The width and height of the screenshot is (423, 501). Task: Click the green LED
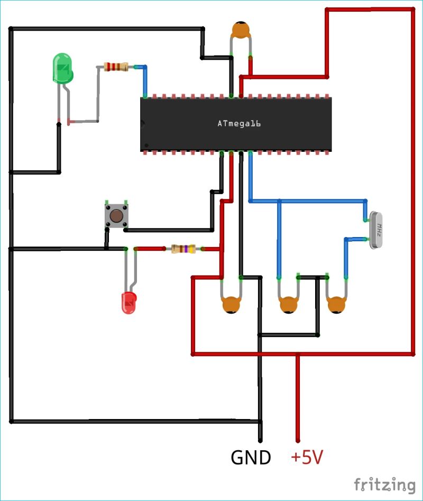[62, 68]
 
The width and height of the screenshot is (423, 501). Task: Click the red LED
[129, 303]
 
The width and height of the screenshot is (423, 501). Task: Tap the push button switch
[116, 215]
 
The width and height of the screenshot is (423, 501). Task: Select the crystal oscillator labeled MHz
[379, 230]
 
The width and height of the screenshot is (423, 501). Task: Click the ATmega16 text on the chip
[239, 124]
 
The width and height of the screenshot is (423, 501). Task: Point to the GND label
[251, 458]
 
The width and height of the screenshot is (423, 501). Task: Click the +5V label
[307, 458]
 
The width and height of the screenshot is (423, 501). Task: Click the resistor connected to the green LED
[116, 67]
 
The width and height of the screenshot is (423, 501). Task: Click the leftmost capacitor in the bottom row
[231, 305]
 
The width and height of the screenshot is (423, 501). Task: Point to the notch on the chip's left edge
[143, 124]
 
